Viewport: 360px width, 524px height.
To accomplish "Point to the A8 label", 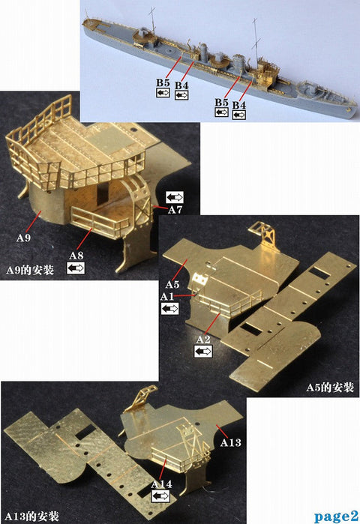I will [x=76, y=256].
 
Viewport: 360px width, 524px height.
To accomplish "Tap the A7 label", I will [x=174, y=211].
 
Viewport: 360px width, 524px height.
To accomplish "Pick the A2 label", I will [x=203, y=340].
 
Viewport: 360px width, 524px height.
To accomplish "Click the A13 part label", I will [x=231, y=443].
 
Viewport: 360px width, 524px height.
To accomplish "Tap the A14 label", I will [x=161, y=484].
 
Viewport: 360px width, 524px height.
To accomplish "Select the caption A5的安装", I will [x=330, y=388].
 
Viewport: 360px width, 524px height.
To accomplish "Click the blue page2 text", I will [x=336, y=516].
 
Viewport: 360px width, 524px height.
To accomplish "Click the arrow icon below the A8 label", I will [x=76, y=268].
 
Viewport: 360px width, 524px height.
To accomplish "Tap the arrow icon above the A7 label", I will [x=174, y=197].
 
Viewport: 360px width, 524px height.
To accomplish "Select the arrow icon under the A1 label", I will [x=169, y=308].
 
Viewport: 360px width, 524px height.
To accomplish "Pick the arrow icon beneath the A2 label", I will [x=203, y=351].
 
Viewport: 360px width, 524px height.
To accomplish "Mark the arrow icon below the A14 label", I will [x=161, y=496].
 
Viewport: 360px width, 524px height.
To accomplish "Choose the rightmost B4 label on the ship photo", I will [x=239, y=104].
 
